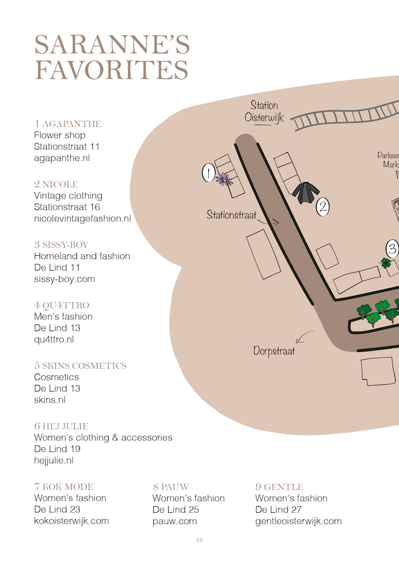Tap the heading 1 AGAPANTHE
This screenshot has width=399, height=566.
pyautogui.click(x=68, y=124)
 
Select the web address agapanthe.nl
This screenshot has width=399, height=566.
pyautogui.click(x=62, y=158)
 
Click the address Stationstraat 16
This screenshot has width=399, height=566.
pyautogui.click(x=67, y=207)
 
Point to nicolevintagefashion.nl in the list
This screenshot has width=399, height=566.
pyautogui.click(x=82, y=218)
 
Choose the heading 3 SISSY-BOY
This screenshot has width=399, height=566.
pyautogui.click(x=61, y=245)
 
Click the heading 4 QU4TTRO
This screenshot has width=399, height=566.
pyautogui.click(x=62, y=306)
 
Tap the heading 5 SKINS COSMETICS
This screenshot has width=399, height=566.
pyautogui.click(x=80, y=366)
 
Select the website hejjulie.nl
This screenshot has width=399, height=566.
pyautogui.click(x=54, y=461)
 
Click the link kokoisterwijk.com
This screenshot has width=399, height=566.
pyautogui.click(x=71, y=521)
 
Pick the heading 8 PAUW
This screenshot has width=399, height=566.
pyautogui.click(x=171, y=487)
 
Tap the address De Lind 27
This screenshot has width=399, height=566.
pyautogui.click(x=278, y=509)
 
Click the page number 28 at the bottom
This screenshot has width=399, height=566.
pyautogui.click(x=199, y=541)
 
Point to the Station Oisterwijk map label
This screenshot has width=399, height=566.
pyautogui.click(x=264, y=112)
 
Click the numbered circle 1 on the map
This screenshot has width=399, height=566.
pyautogui.click(x=208, y=173)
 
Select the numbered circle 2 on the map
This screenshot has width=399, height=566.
pyautogui.click(x=323, y=207)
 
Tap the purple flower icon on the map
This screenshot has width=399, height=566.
pyautogui.click(x=224, y=179)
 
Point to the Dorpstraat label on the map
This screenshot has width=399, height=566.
pyautogui.click(x=274, y=351)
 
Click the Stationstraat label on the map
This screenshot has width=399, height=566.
pyautogui.click(x=231, y=215)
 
